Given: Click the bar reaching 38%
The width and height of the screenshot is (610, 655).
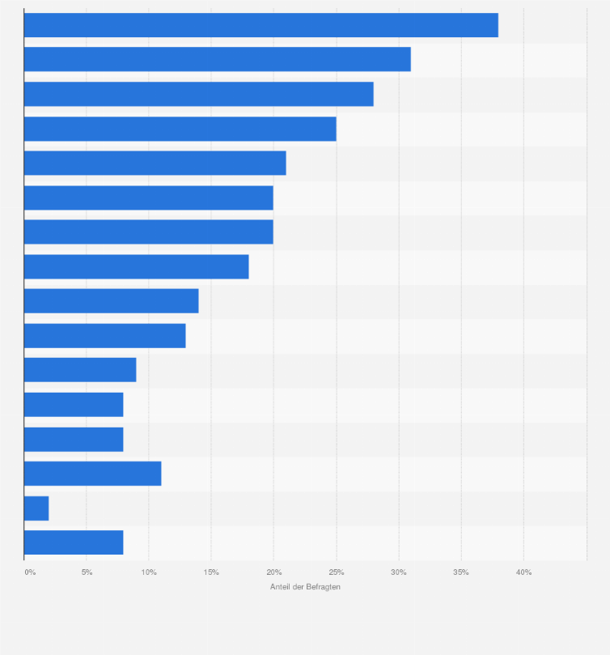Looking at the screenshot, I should point(261,25).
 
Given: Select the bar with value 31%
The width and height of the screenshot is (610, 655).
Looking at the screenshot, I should point(217,59).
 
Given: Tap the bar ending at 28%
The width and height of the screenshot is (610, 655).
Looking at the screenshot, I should point(198,94).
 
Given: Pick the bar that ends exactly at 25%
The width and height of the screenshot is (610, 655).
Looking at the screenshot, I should point(180,129).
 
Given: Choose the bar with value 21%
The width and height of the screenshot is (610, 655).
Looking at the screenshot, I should point(155,163).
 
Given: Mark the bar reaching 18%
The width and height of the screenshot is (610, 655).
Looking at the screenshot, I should point(136,266).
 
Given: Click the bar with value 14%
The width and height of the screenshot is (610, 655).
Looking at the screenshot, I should point(111,301).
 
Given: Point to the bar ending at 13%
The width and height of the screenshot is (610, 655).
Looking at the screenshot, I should point(104,335).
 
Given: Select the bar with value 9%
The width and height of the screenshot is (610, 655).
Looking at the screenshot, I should point(80,370).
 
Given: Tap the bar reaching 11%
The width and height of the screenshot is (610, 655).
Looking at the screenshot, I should point(92,474).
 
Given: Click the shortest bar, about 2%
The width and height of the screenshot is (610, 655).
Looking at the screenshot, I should point(36,508).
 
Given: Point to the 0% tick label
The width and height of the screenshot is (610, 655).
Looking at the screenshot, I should point(30,572).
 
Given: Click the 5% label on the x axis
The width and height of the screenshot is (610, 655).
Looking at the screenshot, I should point(87,572).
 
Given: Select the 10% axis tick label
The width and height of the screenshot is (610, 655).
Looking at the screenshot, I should point(149,572).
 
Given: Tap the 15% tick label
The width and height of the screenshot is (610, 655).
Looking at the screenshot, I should point(211,572).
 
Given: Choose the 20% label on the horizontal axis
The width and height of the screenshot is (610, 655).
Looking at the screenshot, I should point(273,572).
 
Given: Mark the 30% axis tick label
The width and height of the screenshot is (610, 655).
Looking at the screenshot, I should point(398,572).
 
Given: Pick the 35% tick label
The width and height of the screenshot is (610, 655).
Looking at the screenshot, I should point(461,572).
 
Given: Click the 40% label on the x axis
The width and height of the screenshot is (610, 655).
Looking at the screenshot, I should point(523,572).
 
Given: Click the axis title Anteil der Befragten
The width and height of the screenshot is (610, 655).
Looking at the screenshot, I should point(305,587).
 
